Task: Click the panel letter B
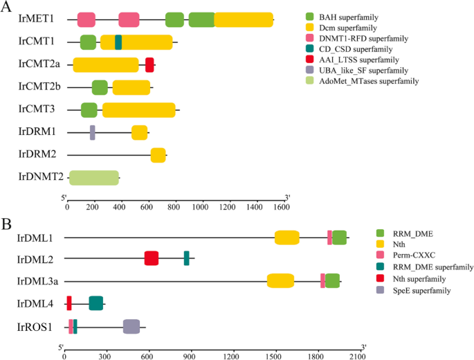point(8,225)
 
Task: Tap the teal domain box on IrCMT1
point(118,42)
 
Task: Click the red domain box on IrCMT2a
point(149,64)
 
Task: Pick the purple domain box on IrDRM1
point(93,132)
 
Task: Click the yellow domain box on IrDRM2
point(158,155)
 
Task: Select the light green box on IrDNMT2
point(94,177)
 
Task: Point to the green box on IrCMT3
point(89,110)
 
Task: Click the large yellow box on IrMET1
point(244,20)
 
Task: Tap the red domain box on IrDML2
point(152,258)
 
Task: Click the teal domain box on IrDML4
point(96,303)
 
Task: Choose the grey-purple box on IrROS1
point(131,326)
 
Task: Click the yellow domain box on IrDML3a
point(281,280)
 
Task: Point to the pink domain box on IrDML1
point(329,237)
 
